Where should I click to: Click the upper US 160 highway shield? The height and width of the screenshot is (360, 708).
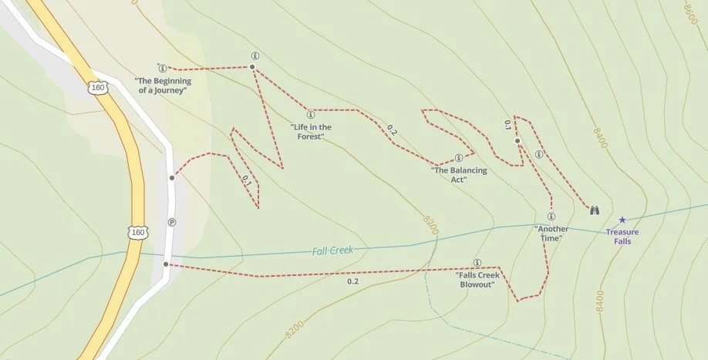(98, 87)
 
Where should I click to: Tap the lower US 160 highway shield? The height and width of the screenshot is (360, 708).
(137, 231)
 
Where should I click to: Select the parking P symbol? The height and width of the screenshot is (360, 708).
(172, 222)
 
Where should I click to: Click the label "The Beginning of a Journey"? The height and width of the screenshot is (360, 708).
(162, 86)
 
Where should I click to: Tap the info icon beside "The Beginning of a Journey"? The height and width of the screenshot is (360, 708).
(161, 67)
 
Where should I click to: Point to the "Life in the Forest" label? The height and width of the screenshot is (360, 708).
(311, 132)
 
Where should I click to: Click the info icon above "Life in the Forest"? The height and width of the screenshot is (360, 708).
(310, 115)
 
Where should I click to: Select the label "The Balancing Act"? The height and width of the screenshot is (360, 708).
(459, 175)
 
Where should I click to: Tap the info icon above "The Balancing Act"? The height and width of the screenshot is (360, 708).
(459, 158)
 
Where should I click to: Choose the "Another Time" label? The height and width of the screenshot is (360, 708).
(551, 234)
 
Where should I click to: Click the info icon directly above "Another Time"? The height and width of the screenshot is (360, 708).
(551, 217)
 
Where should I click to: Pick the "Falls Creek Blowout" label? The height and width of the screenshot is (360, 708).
(477, 279)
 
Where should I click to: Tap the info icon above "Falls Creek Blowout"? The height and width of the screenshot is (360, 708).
(477, 262)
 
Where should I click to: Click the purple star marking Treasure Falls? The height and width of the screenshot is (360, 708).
(622, 220)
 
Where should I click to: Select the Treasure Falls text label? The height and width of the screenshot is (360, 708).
(622, 236)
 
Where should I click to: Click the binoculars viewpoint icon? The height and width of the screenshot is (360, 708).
(595, 210)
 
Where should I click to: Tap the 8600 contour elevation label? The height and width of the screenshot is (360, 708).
(691, 12)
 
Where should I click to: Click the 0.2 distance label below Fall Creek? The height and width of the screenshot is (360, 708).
(352, 281)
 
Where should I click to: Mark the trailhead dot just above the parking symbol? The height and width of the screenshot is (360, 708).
(172, 177)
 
